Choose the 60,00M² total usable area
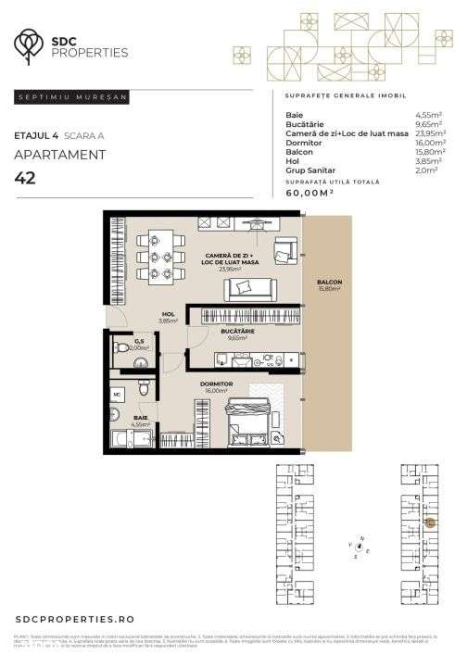310,193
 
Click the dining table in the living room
154,255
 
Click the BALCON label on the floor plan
328,283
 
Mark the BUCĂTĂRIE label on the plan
237,332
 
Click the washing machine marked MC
118,394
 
